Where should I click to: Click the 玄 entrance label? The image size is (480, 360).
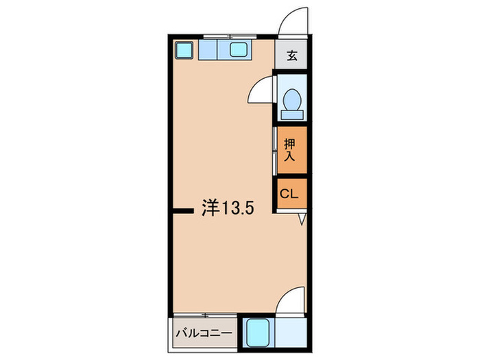tap(291, 56)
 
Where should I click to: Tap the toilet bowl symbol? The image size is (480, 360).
tap(292, 99)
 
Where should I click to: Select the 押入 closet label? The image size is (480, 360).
tap(289, 150)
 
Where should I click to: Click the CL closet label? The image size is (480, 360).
tap(289, 194)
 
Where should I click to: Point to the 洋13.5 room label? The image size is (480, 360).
tap(228, 208)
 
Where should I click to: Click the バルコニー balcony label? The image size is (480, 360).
tap(204, 333)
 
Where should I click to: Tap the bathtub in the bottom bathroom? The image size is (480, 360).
tap(258, 333)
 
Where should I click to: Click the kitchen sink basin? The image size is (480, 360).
tap(239, 49)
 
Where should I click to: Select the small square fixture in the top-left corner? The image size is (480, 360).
tap(184, 50)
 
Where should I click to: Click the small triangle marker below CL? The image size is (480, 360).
tap(302, 219)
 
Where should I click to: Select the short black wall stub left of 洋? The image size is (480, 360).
tap(183, 211)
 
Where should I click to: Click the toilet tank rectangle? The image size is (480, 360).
tap(292, 115)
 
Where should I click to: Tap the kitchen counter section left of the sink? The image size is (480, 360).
tap(208, 49)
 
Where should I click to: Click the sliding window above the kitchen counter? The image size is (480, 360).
tap(230, 37)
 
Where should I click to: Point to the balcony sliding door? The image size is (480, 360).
tap(205, 315)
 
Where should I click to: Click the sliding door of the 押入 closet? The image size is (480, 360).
tap(275, 152)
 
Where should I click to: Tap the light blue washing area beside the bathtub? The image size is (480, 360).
tap(291, 333)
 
